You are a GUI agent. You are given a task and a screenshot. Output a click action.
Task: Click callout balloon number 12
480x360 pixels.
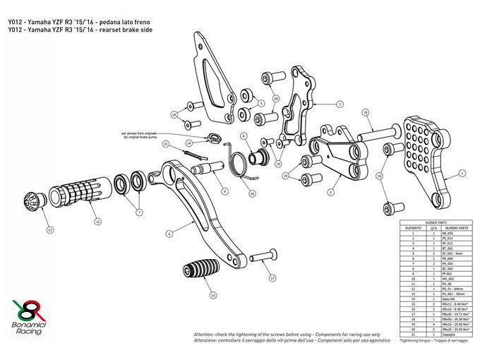click(x=97, y=221)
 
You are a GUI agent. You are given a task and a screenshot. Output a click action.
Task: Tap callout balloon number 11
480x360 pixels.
click(x=50, y=229)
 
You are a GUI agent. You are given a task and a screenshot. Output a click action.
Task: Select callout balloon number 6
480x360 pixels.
click(x=169, y=233)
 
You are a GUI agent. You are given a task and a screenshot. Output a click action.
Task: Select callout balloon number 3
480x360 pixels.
click(x=340, y=104)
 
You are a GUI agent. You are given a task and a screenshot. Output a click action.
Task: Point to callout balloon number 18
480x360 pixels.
click(x=366, y=112)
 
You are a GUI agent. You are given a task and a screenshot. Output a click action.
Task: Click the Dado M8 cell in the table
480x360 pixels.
click(x=451, y=299)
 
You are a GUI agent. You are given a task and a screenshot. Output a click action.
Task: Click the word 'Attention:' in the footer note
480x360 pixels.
click(x=204, y=332)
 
